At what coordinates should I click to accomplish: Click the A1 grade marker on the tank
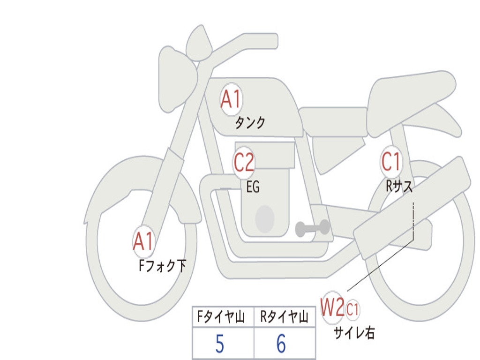[231, 99]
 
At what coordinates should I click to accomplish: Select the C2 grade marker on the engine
[244, 162]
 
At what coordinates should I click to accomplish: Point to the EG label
[253, 187]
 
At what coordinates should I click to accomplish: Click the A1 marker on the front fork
[143, 241]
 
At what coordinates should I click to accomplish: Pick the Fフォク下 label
[162, 266]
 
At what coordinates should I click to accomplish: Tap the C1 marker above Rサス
[391, 161]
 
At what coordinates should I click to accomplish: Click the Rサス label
[399, 186]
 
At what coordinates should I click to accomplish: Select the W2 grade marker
[332, 307]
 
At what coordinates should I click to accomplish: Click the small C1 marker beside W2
[352, 309]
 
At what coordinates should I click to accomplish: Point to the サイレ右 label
[354, 333]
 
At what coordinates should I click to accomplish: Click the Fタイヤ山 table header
[221, 317]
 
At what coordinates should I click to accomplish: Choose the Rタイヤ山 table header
[285, 317]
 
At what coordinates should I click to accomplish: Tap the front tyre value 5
[220, 344]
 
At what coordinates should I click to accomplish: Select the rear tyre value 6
[281, 344]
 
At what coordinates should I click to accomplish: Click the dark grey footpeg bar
[312, 228]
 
